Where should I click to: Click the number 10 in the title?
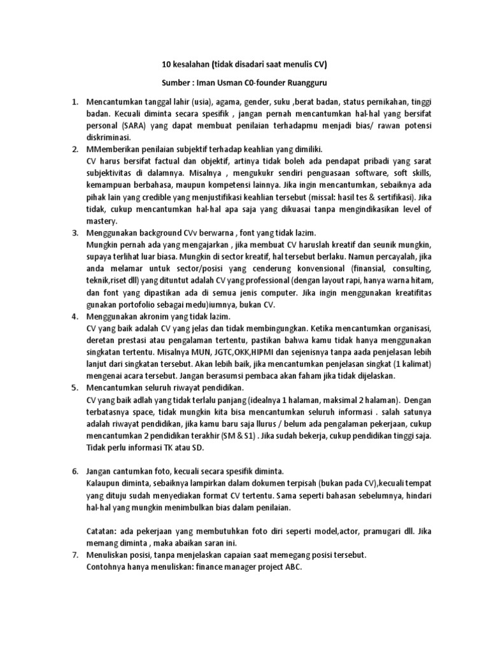162,65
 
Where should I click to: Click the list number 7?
74,555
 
